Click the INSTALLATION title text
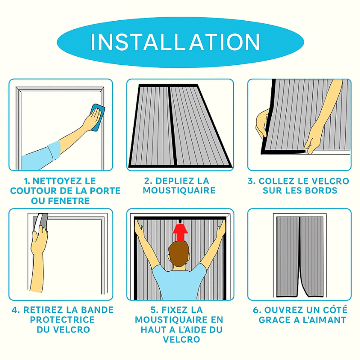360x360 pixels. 175,42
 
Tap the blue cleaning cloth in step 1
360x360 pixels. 98,117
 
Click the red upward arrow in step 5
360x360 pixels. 180,233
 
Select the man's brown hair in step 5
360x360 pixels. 179,252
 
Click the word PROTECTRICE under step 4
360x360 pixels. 62,319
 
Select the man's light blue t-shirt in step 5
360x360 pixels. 179,282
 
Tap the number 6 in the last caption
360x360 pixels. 256,310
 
